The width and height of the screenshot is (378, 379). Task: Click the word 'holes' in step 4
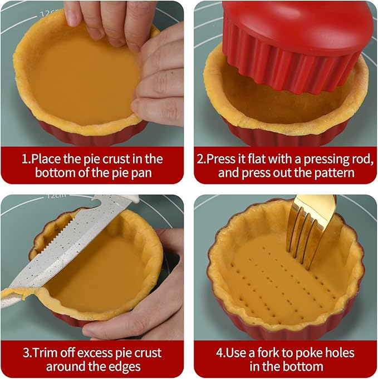(340, 353)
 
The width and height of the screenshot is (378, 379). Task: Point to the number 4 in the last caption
(220, 353)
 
